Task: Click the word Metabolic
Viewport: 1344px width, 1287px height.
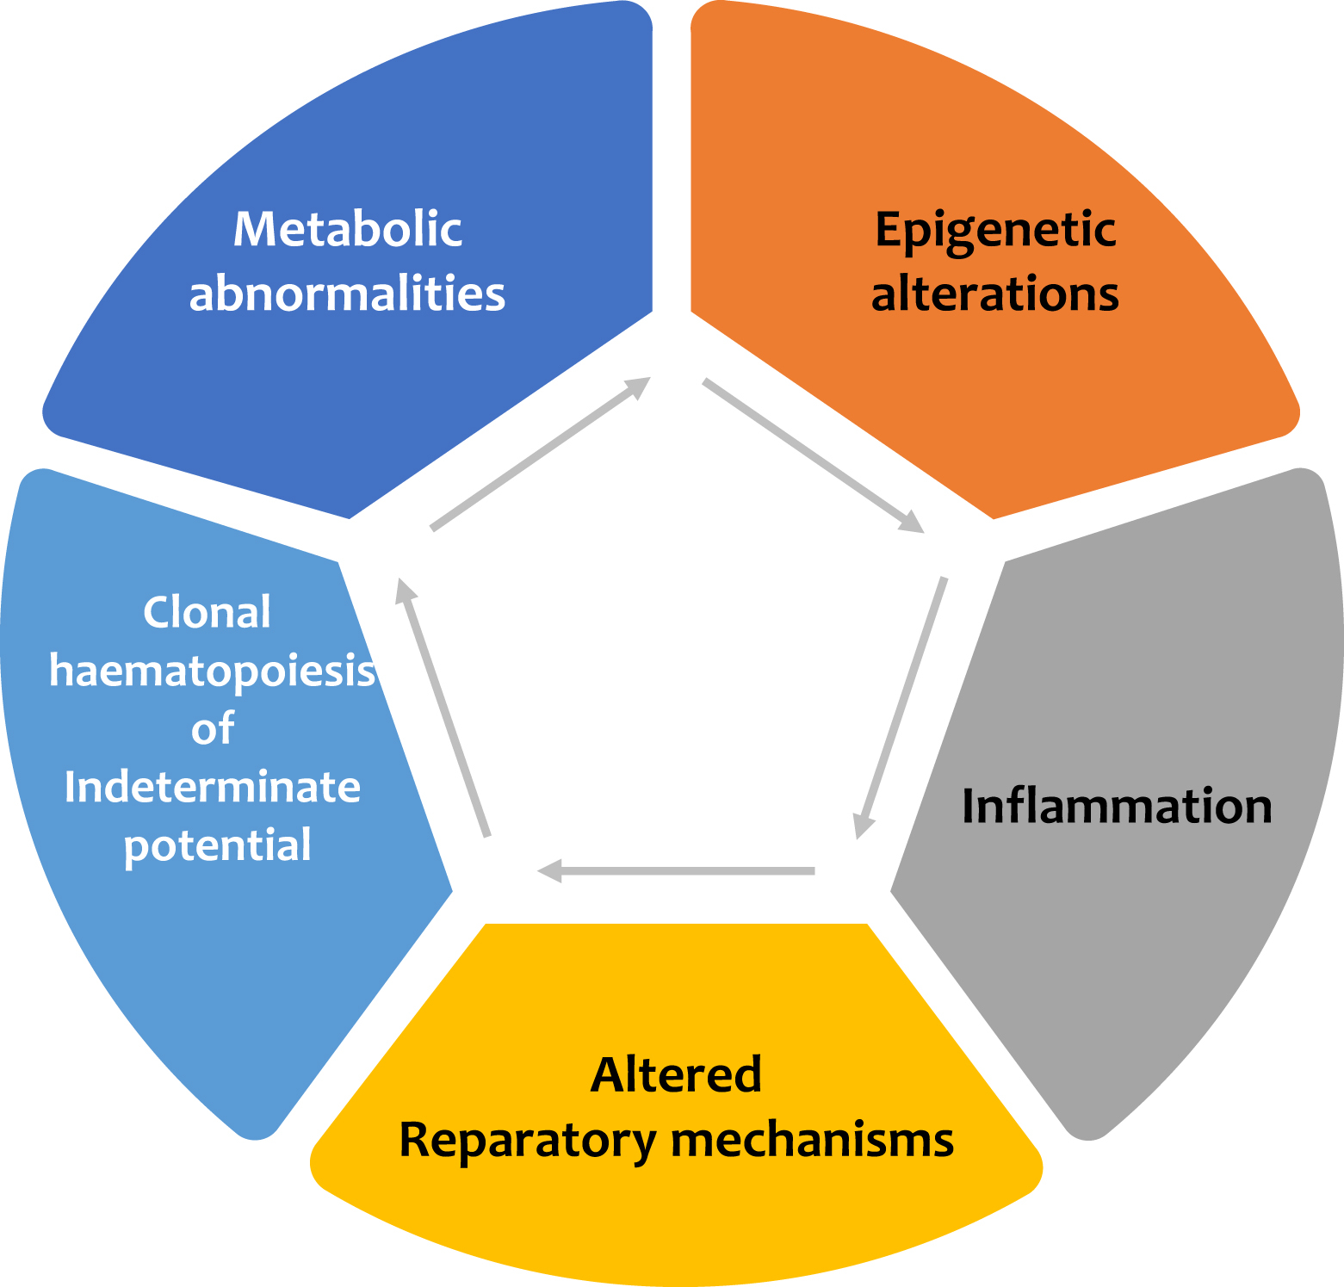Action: click(348, 230)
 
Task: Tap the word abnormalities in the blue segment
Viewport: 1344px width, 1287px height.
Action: click(347, 294)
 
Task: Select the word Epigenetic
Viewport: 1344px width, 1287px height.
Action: click(995, 231)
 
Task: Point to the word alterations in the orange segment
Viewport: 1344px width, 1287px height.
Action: click(994, 294)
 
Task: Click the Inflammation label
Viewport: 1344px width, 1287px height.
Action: click(1116, 807)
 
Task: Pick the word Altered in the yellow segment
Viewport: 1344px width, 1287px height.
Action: click(676, 1074)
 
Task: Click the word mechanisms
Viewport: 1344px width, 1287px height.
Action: click(812, 1141)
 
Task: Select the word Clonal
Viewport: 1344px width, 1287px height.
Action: click(207, 613)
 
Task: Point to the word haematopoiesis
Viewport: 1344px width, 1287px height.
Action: click(212, 671)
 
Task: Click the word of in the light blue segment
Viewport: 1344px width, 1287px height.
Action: click(213, 729)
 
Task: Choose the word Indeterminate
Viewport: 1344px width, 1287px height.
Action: click(213, 788)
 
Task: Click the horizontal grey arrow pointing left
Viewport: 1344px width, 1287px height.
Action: click(677, 871)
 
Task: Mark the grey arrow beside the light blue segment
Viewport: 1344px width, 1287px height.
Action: click(443, 707)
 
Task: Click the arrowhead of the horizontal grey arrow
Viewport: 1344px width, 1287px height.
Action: click(549, 871)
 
